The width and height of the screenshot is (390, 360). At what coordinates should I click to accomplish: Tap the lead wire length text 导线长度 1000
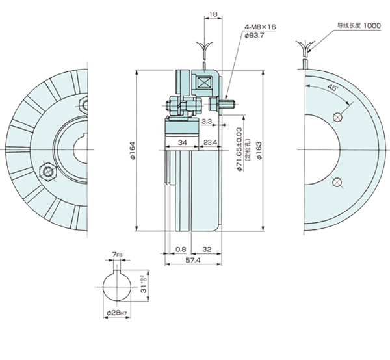coord(358,25)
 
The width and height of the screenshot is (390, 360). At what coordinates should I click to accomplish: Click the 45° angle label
coord(333,86)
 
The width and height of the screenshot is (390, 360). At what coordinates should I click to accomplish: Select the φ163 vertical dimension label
coord(259,151)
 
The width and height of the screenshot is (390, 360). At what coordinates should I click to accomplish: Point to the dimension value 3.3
coord(206,122)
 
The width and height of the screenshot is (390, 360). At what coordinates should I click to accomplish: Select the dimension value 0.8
coord(180,248)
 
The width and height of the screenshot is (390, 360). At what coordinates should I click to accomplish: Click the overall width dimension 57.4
coord(193,260)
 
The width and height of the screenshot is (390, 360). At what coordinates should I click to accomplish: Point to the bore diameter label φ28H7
coord(116,314)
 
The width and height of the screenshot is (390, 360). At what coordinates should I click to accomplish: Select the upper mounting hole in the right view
coord(337,117)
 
